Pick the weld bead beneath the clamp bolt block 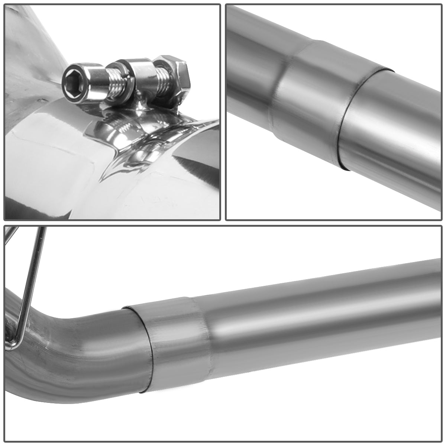[x=143, y=108]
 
